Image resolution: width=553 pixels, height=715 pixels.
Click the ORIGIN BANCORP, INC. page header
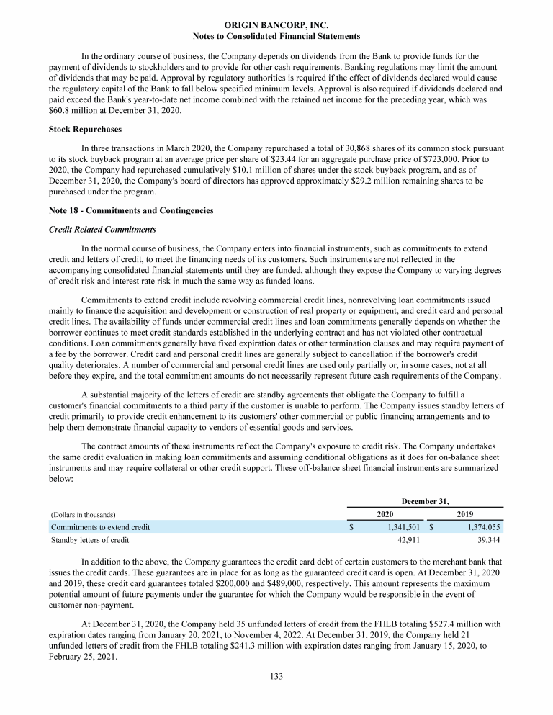pos(276,24)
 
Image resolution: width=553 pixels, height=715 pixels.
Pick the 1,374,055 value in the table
pos(478,527)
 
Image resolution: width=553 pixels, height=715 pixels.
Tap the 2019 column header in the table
pos(465,514)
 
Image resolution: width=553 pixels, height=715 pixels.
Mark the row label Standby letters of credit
pos(89,539)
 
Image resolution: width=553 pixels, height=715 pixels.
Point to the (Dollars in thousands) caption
pos(83,515)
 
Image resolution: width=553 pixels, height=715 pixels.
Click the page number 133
pos(276,675)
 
